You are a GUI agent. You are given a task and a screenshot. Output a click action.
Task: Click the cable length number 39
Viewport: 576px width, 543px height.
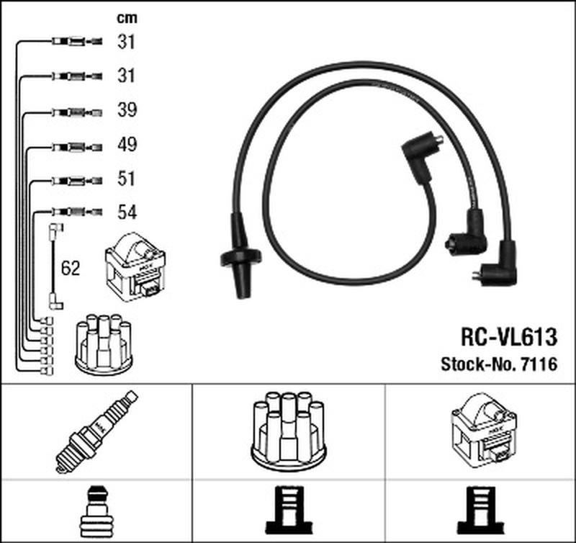coord(127,110)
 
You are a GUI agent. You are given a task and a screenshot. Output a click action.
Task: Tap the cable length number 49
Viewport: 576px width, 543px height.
coord(127,145)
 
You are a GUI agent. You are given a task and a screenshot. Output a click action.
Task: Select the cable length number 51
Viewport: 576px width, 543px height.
coord(127,178)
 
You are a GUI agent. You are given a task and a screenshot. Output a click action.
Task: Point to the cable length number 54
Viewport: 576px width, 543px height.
coord(127,212)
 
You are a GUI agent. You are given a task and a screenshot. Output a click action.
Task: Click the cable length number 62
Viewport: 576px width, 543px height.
coord(71,269)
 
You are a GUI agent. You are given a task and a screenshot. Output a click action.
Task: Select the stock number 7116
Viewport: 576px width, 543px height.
coord(539,364)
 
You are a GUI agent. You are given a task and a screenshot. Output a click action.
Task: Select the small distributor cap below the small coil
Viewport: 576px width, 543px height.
coord(103,344)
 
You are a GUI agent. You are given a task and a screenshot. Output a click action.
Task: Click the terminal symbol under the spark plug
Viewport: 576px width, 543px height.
coord(96,510)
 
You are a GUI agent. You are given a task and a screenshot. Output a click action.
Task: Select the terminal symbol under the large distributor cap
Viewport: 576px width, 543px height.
coord(287,510)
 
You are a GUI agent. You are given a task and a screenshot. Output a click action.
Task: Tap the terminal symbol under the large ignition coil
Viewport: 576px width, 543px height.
coord(479,510)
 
